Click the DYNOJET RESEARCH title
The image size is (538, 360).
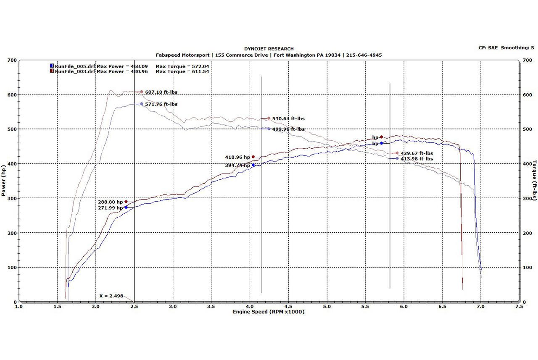coord(269,49)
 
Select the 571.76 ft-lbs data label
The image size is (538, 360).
coord(161,104)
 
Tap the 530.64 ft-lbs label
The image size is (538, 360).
coord(288,119)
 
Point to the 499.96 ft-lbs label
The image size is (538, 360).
coord(288,129)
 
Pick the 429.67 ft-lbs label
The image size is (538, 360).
coord(417,153)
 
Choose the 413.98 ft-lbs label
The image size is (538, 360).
coord(417,159)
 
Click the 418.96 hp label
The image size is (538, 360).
coord(237,157)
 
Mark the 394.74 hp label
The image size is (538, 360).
coord(237,166)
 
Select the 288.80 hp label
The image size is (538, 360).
coord(111,202)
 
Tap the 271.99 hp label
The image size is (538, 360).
coord(111,208)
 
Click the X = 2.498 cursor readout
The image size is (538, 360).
coord(111,296)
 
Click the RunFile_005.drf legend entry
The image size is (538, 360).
coord(75,66)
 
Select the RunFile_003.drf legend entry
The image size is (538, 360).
coord(75,71)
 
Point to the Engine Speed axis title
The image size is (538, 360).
coord(269,312)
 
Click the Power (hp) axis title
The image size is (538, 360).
coord(4,181)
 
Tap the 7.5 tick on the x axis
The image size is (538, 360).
coord(519,307)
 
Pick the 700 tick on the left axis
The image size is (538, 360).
coord(12,60)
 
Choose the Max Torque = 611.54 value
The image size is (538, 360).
coord(182,71)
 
